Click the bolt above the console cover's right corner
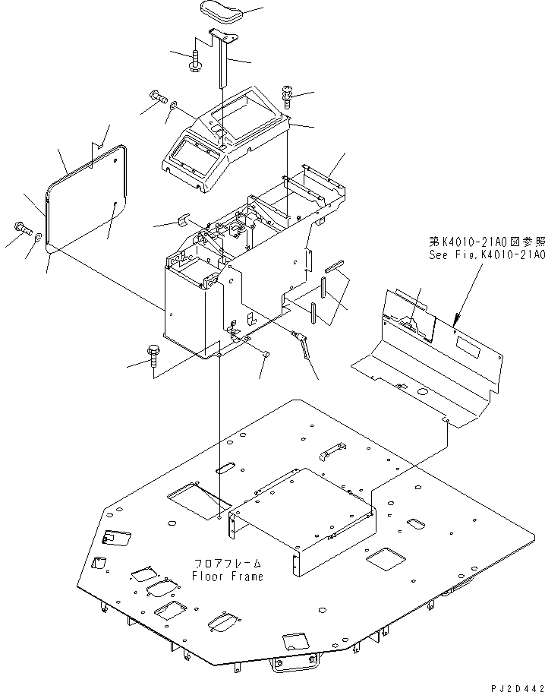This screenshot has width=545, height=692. click(289, 94)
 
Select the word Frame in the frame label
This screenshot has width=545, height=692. click(247, 577)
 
